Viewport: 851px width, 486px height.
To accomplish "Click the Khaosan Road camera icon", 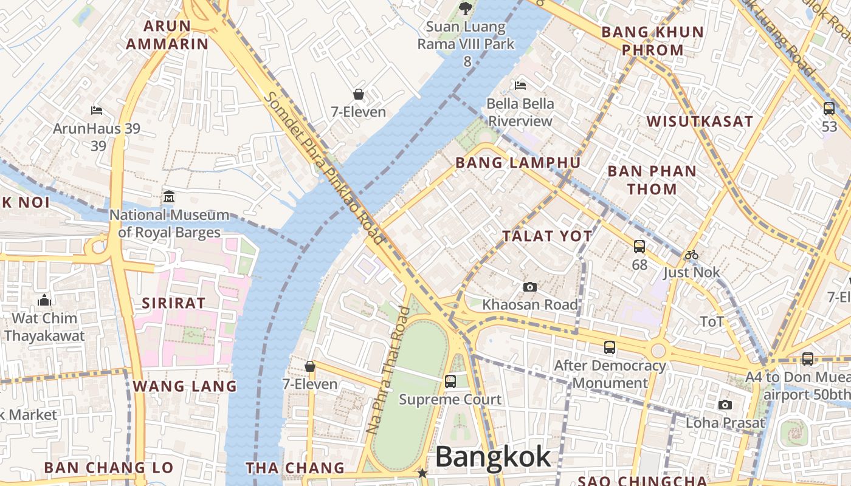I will click(530, 287).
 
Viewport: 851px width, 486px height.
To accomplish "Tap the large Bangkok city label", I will click(493, 457).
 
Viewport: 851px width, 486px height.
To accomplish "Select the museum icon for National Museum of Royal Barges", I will click(169, 197).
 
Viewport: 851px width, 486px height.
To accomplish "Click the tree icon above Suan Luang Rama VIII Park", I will click(465, 9).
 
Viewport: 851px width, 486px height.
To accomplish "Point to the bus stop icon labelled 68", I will click(639, 247).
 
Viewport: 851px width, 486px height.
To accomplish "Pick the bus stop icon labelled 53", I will click(829, 109).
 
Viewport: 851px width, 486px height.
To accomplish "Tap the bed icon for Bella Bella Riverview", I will click(520, 85).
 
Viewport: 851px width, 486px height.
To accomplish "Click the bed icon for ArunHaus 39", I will click(97, 111).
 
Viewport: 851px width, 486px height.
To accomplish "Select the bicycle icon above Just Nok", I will click(692, 255).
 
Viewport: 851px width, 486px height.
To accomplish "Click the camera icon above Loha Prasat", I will click(725, 405).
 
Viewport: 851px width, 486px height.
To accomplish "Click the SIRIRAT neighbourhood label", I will click(173, 303).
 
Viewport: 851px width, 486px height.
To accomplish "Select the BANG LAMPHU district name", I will click(518, 163).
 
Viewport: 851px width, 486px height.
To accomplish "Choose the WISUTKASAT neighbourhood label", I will click(700, 122).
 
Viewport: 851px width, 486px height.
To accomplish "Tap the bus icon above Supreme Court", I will click(450, 382).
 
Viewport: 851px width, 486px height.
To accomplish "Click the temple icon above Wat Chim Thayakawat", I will click(44, 301).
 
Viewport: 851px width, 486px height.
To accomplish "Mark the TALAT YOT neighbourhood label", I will click(547, 236).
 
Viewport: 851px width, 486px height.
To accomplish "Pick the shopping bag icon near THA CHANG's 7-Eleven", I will click(310, 366).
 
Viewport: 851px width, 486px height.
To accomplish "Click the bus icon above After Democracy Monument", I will click(610, 347).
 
